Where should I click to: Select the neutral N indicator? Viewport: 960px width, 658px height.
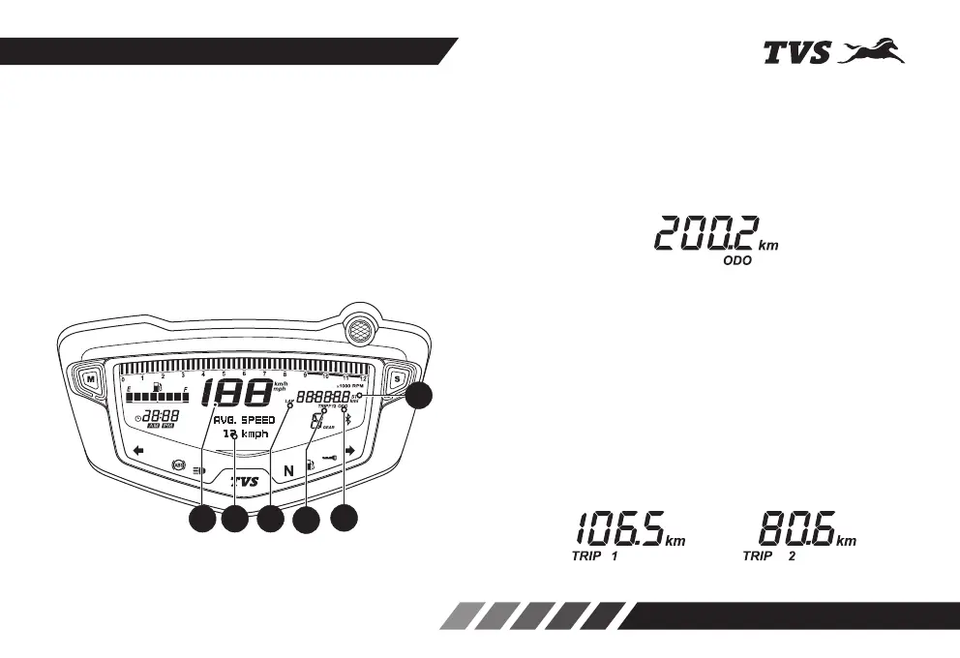[x=288, y=470]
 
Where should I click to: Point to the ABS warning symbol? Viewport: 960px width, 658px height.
[x=178, y=465]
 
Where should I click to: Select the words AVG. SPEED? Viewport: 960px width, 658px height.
[x=244, y=420]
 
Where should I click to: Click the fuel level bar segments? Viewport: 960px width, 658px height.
[x=157, y=398]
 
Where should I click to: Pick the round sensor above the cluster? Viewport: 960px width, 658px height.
[x=359, y=327]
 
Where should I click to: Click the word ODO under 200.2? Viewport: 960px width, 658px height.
[x=738, y=261]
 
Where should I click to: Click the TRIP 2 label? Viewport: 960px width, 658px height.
[x=768, y=557]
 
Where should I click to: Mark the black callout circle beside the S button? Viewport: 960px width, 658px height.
[x=419, y=396]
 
